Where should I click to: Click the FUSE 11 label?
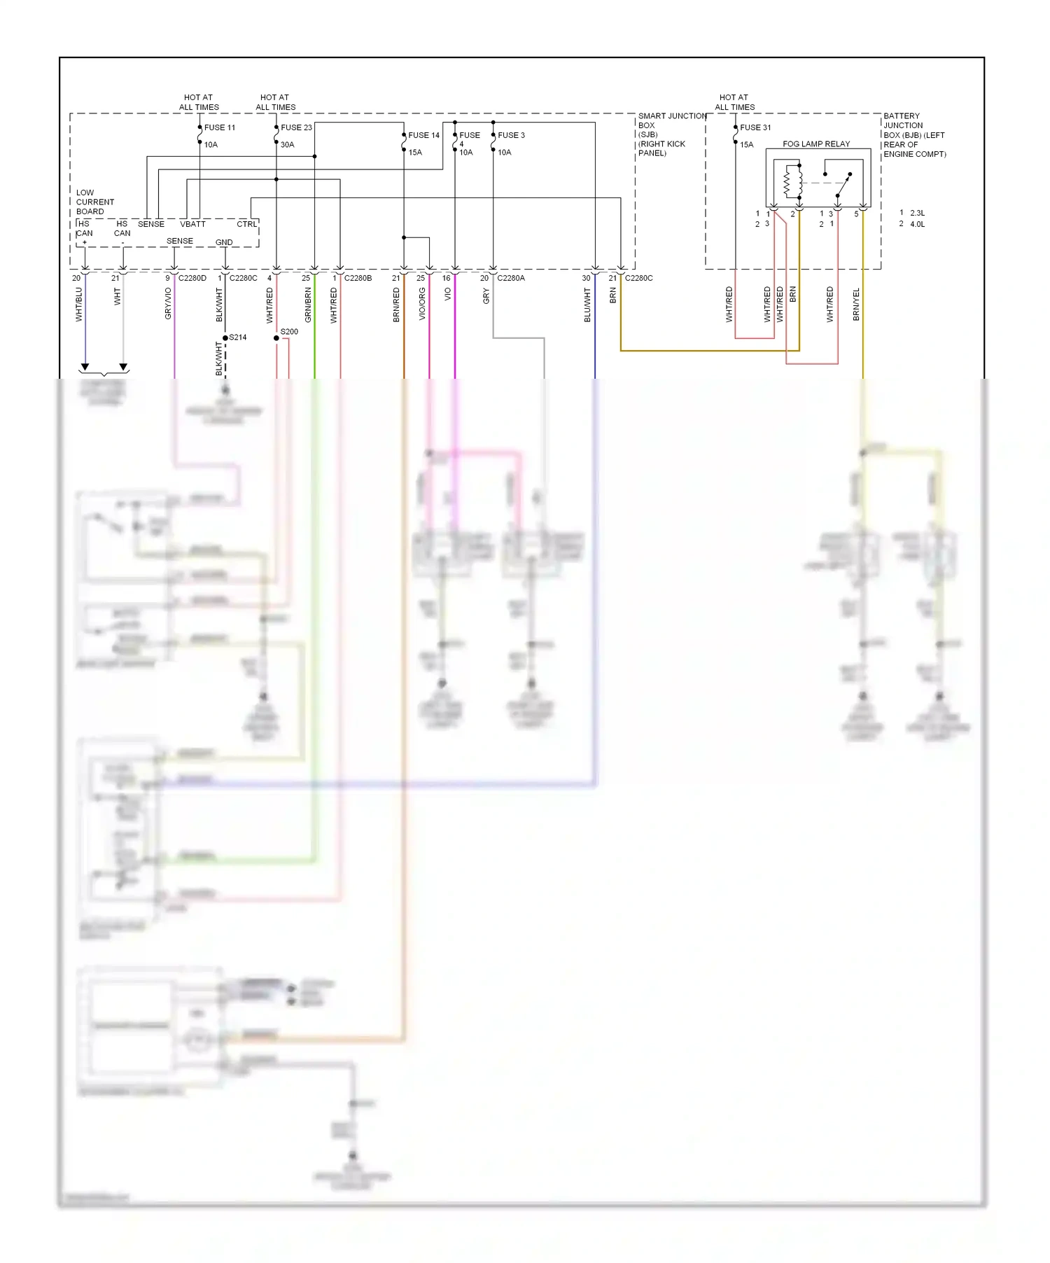click(x=220, y=127)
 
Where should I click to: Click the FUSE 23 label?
click(x=296, y=127)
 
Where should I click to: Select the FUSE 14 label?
click(x=423, y=135)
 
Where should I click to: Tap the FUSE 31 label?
click(x=755, y=127)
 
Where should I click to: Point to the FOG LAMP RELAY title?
click(x=816, y=144)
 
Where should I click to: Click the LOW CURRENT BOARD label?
click(x=94, y=202)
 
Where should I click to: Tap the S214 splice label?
click(x=238, y=337)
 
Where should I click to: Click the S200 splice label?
click(x=289, y=332)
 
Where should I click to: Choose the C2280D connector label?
click(x=192, y=278)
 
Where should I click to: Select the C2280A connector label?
click(x=511, y=278)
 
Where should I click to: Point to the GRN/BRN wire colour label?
click(x=308, y=305)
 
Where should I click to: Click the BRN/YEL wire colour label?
click(x=856, y=305)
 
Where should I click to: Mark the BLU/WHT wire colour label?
click(x=587, y=305)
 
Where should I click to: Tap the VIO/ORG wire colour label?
click(x=422, y=305)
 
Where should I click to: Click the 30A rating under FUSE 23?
click(x=287, y=145)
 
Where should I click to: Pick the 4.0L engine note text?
click(x=917, y=224)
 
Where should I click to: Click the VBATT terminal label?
click(x=192, y=224)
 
